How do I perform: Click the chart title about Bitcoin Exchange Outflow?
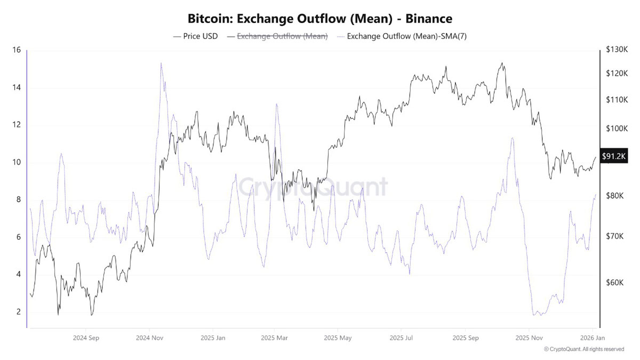point(320,18)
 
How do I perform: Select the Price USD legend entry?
point(196,36)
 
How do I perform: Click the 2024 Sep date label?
point(86,338)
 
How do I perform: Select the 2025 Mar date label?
point(275,338)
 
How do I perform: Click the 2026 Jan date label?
point(591,338)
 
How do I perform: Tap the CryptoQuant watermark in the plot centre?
point(313,187)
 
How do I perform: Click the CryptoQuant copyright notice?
point(583,349)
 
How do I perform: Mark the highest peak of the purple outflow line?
point(161,63)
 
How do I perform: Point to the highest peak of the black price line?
point(501,63)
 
